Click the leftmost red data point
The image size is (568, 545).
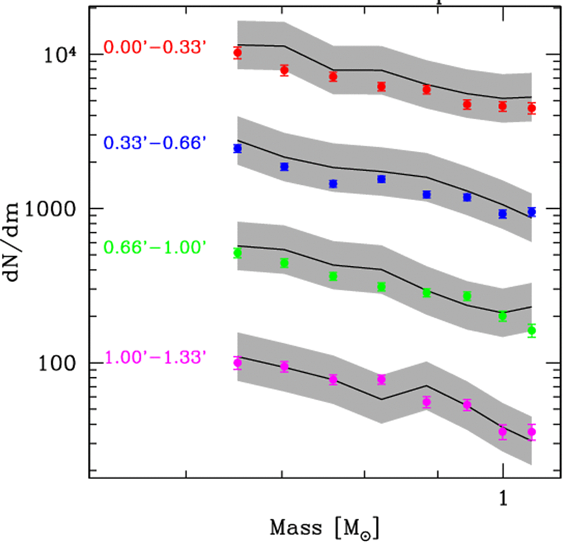(238, 53)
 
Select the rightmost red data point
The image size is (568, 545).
(531, 108)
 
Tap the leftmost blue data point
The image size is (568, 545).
(238, 149)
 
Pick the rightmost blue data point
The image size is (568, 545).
(531, 212)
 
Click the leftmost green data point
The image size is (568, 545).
(238, 253)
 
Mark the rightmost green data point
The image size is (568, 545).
(531, 331)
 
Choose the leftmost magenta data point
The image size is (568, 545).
(238, 363)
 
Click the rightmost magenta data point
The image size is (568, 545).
(531, 432)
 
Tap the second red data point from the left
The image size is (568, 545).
(285, 70)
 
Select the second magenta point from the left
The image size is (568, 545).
(285, 367)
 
